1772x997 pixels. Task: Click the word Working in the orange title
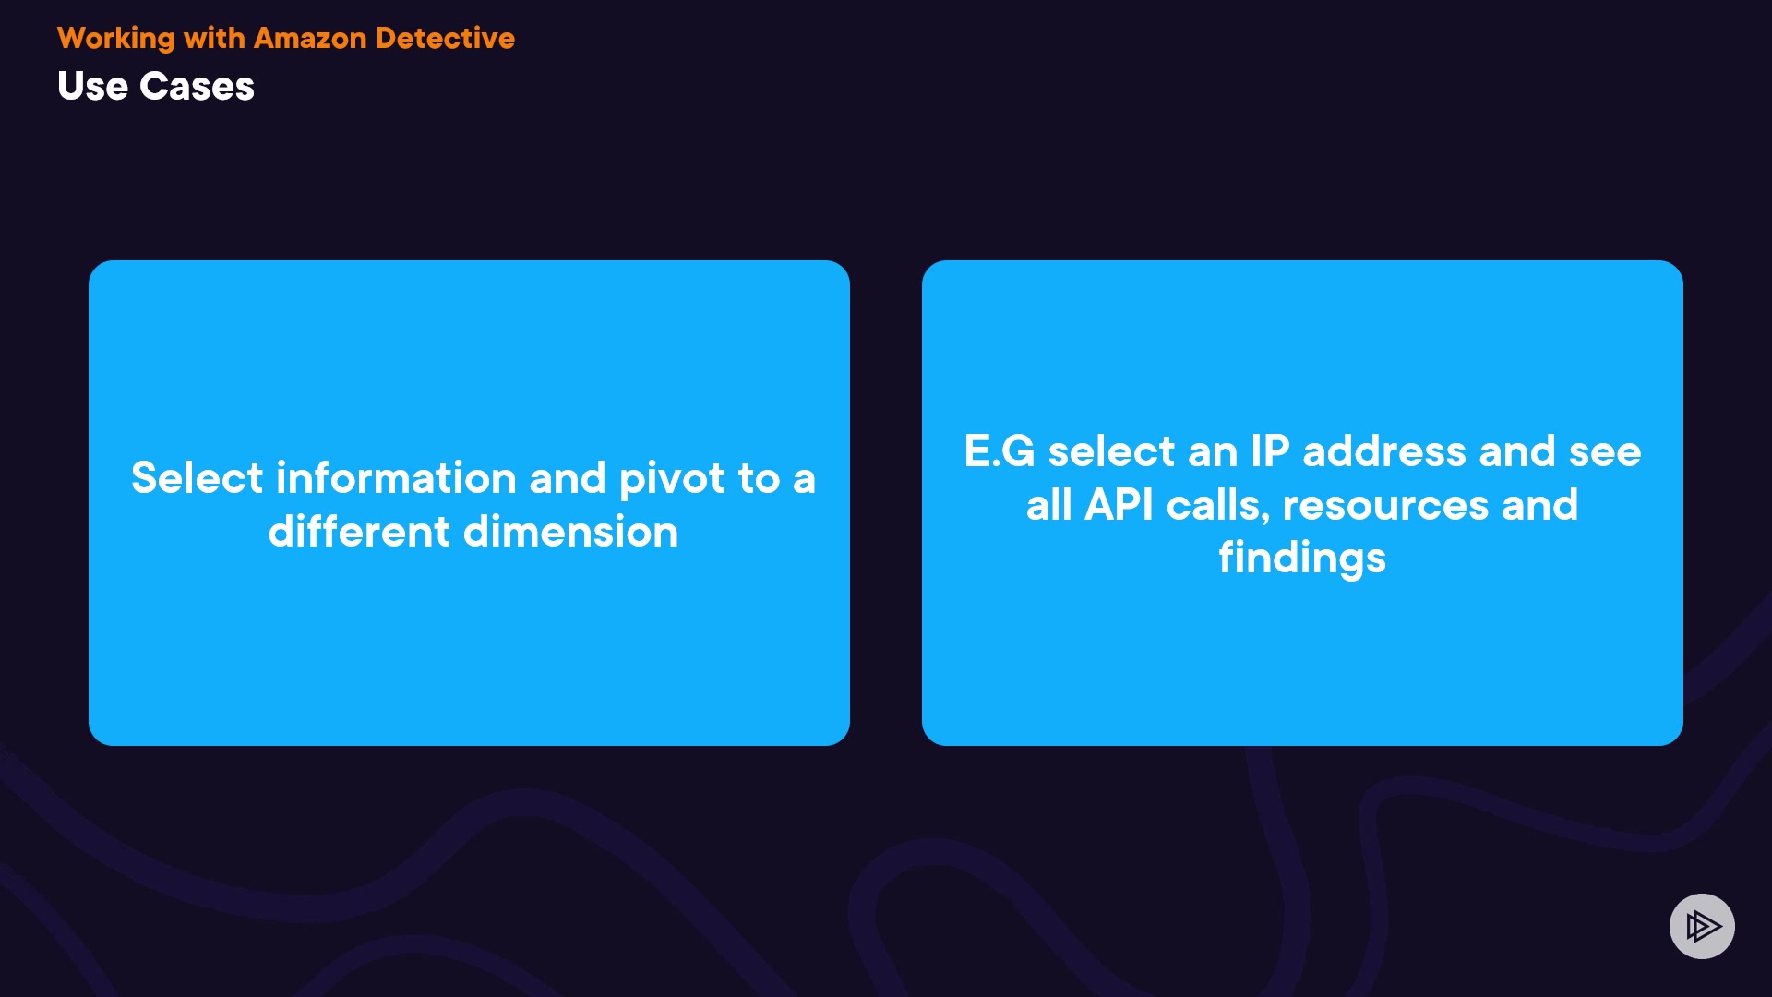[x=116, y=39]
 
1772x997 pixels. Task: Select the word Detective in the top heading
[x=446, y=38]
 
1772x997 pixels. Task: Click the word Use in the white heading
[x=92, y=86]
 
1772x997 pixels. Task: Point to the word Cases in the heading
[x=197, y=86]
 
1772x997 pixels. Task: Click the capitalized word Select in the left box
[x=198, y=477]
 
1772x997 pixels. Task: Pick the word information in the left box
[x=396, y=477]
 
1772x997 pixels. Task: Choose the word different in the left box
[x=359, y=531]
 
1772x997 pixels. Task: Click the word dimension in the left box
[x=570, y=531]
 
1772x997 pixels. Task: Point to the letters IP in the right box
[x=1270, y=451]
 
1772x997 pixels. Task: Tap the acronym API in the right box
[x=1119, y=505]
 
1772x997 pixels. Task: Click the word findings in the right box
[x=1302, y=559]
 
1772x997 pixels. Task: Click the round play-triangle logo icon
[x=1702, y=926]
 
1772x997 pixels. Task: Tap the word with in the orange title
[x=214, y=38]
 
